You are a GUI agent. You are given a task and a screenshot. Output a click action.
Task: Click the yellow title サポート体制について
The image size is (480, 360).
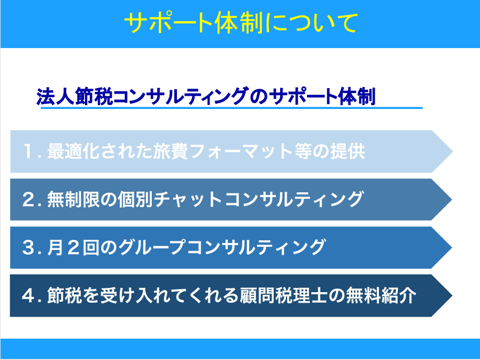241,22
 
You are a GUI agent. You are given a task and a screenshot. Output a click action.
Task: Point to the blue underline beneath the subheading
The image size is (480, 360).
231,108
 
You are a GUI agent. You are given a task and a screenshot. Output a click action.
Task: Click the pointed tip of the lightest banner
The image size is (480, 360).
452,151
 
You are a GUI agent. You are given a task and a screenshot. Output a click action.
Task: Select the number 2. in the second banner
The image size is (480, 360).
32,199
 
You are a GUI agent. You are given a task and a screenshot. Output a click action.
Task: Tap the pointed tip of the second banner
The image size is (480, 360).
452,199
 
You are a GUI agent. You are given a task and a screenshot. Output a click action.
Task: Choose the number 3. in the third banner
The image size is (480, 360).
32,247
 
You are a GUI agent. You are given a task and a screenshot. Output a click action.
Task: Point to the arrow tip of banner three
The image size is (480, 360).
452,247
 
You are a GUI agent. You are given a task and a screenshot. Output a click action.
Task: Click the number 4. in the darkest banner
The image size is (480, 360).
32,295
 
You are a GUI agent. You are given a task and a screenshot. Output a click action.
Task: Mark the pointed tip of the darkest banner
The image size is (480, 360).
452,295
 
